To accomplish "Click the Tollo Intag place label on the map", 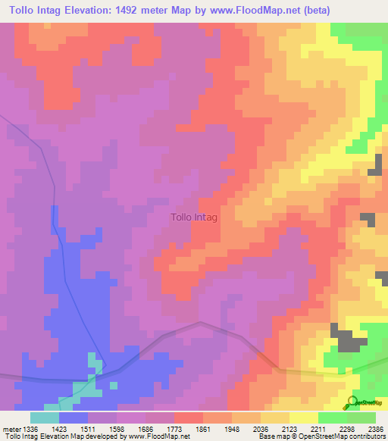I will [x=195, y=217].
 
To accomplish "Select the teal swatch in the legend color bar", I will [x=45, y=418].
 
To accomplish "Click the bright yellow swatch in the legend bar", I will [x=304, y=418].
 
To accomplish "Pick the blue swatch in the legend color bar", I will [x=74, y=418].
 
